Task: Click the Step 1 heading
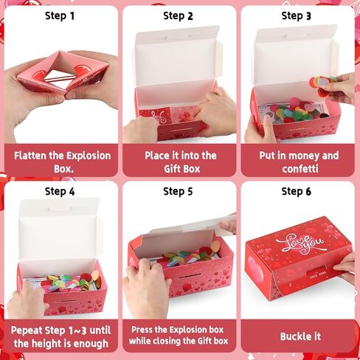click(x=60, y=16)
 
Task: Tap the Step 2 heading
click(x=178, y=16)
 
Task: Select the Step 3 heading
click(x=297, y=16)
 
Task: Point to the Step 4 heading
click(x=60, y=191)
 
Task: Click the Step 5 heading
click(x=178, y=191)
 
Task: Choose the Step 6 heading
click(x=297, y=191)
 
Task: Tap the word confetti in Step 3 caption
click(x=300, y=169)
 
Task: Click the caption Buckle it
click(x=300, y=336)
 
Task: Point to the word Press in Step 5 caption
click(x=141, y=330)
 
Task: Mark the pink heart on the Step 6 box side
click(x=256, y=269)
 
